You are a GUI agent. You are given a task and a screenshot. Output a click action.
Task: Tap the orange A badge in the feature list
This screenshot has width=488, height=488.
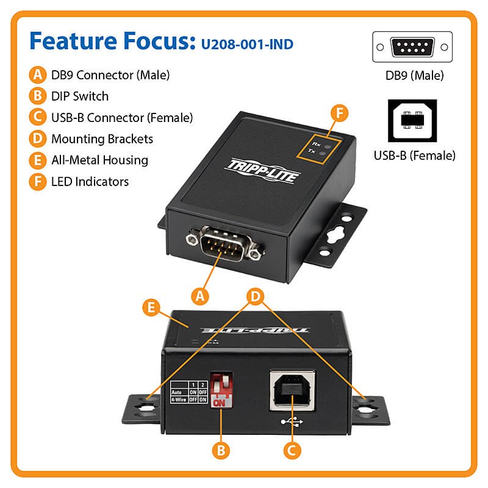(x=38, y=75)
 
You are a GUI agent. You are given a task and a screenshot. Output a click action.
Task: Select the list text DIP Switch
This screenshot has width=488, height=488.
(x=80, y=96)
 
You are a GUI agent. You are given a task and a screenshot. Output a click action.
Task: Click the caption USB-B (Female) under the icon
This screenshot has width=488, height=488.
(x=414, y=156)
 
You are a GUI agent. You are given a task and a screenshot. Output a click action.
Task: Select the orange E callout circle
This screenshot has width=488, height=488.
(x=150, y=306)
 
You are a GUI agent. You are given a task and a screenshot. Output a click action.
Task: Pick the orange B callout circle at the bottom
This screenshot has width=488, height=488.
(x=221, y=450)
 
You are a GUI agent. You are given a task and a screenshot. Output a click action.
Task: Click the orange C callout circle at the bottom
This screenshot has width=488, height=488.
(x=292, y=450)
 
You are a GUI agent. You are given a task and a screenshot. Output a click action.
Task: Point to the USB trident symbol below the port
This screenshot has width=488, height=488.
(x=292, y=420)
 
